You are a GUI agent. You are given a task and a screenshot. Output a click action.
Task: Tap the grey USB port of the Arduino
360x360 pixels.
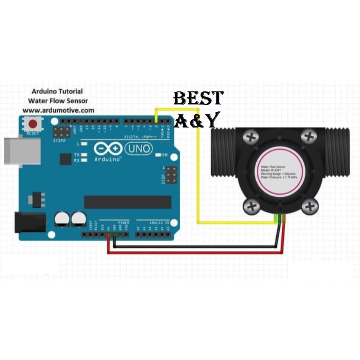21,151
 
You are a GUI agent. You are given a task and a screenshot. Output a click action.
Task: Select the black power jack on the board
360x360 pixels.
30,222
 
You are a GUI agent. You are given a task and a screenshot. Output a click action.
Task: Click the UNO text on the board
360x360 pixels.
139,148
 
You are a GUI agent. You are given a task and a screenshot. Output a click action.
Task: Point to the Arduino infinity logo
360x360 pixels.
108,148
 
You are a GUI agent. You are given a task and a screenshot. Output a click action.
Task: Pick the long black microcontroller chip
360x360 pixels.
128,202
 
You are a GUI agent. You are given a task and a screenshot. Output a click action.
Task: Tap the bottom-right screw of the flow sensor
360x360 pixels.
310,207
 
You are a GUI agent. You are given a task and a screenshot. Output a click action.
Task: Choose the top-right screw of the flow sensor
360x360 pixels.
310,137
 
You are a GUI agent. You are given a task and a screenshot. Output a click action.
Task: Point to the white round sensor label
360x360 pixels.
280,172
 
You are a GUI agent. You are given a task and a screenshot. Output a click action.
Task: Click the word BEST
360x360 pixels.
198,99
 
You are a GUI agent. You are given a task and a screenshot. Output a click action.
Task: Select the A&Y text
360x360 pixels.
197,119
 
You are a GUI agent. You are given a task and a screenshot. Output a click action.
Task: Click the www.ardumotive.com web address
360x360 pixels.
58,110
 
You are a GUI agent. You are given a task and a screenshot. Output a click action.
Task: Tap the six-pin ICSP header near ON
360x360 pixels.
171,175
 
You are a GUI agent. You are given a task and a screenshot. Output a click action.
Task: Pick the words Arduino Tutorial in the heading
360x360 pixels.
57,91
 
